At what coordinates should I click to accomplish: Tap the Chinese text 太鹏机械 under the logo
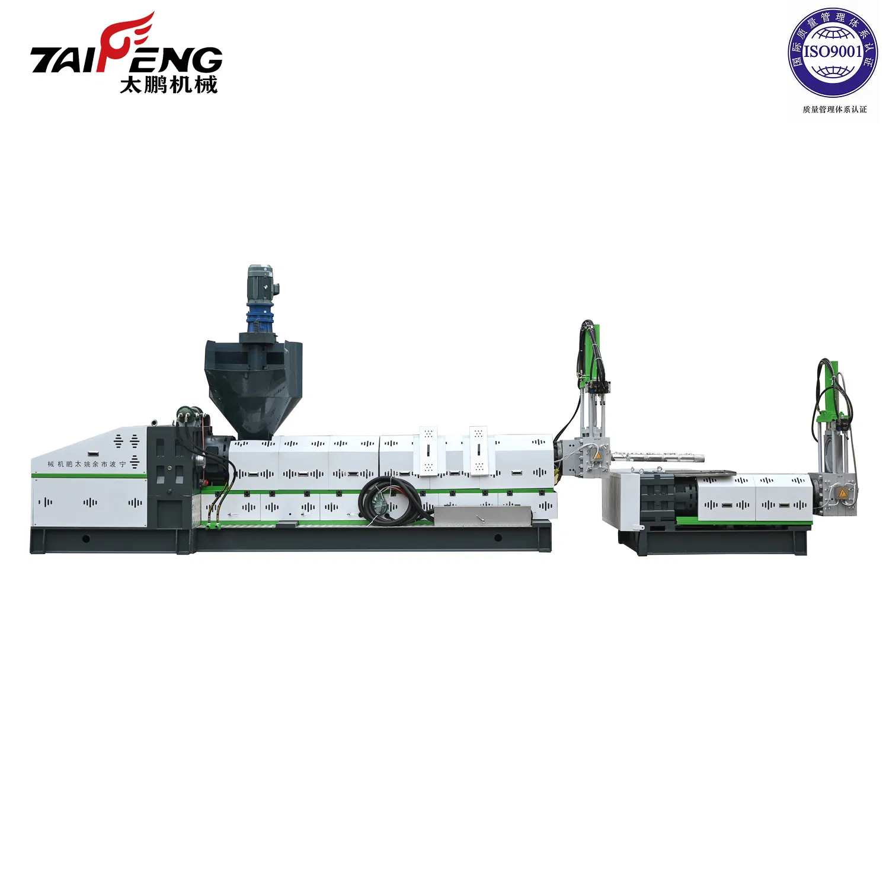[x=169, y=85]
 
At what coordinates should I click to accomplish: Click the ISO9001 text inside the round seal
[x=832, y=52]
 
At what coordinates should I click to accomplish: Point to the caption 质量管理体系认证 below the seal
[x=834, y=110]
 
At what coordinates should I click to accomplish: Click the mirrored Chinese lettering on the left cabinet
[x=87, y=464]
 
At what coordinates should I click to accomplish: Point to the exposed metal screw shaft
[x=658, y=457]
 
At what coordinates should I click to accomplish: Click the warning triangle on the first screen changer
[x=597, y=456]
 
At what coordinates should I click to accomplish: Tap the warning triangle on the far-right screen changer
[x=842, y=494]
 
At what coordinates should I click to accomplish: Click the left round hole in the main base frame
[x=86, y=539]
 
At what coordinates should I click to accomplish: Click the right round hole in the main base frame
[x=498, y=538]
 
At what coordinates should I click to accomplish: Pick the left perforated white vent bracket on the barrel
[x=428, y=450]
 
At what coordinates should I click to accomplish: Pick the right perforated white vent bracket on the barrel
[x=478, y=450]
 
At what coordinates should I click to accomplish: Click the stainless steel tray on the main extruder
[x=483, y=516]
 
